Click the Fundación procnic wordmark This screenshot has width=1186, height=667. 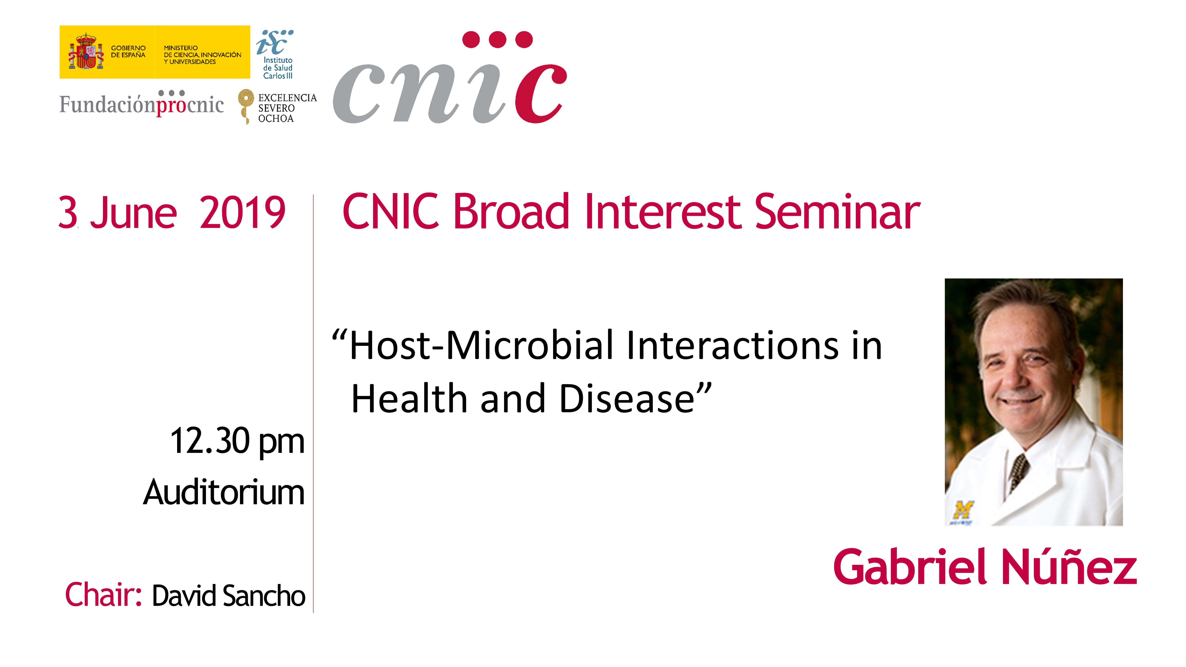[x=141, y=103]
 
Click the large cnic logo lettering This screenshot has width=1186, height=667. [x=450, y=77]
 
